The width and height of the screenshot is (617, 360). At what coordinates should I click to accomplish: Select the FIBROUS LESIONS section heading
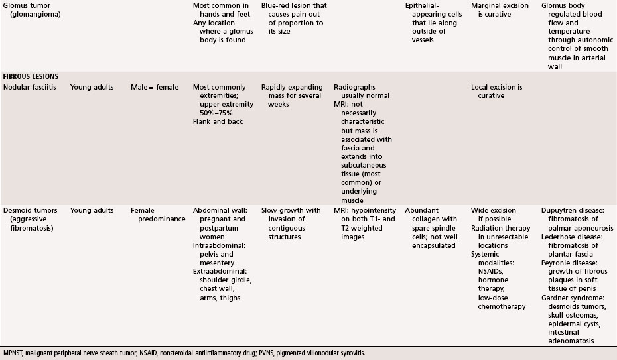[x=31, y=77]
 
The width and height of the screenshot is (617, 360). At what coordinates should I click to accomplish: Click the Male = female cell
[x=155, y=88]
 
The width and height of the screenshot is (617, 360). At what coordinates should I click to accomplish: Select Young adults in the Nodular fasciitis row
[x=92, y=88]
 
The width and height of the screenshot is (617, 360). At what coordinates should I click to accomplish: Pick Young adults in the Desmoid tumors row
[x=92, y=211]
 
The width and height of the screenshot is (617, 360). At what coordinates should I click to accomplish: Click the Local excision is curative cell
[x=496, y=91]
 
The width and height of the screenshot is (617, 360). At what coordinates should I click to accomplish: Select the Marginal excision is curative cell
[x=501, y=9]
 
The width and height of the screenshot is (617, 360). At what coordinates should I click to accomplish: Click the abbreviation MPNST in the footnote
[x=15, y=353]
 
